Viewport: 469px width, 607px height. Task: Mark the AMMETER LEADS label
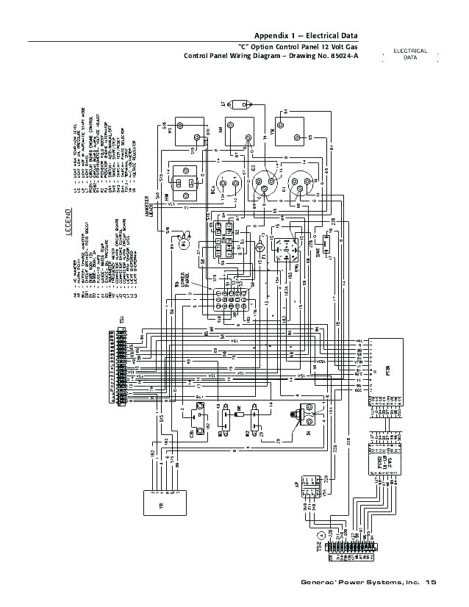[152, 202]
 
